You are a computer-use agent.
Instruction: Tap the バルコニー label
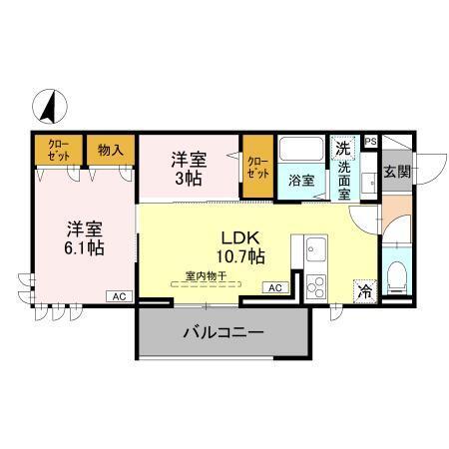click(x=223, y=333)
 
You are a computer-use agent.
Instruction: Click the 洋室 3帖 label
click(x=189, y=166)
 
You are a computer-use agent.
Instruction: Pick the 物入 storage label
click(x=110, y=150)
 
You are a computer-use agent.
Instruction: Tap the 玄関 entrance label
click(x=396, y=171)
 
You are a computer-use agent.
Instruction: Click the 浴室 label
click(x=301, y=182)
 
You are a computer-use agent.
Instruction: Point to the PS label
click(x=370, y=142)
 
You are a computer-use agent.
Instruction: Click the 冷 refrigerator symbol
click(x=365, y=291)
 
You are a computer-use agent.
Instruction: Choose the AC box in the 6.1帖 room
click(x=118, y=296)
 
